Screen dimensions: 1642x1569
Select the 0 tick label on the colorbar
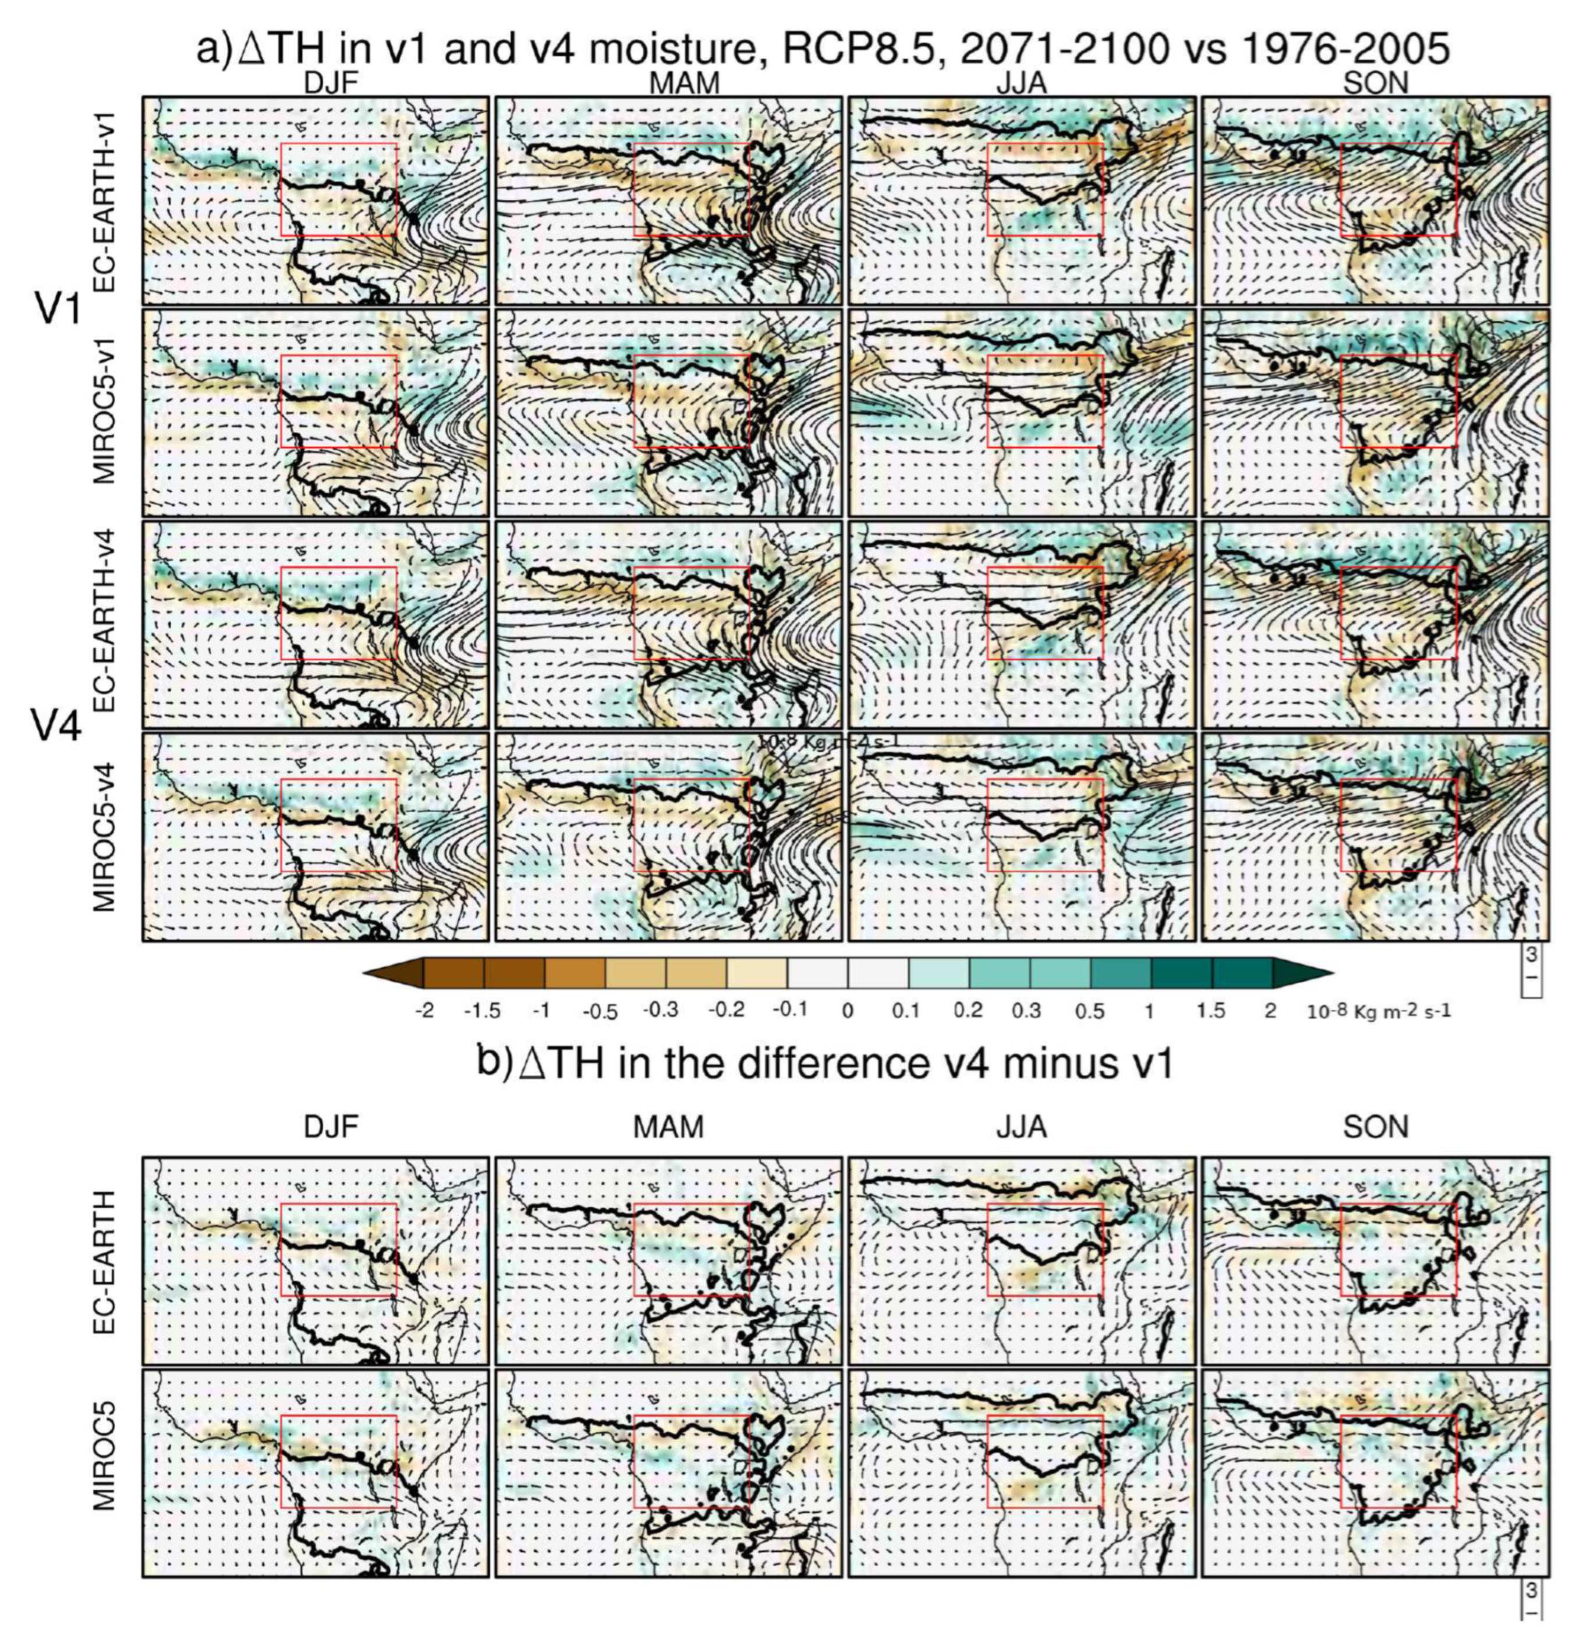coord(848,1011)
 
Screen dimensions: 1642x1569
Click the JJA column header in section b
coord(1021,1128)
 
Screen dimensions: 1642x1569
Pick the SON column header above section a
coord(1376,83)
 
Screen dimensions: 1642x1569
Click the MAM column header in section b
coord(668,1128)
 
